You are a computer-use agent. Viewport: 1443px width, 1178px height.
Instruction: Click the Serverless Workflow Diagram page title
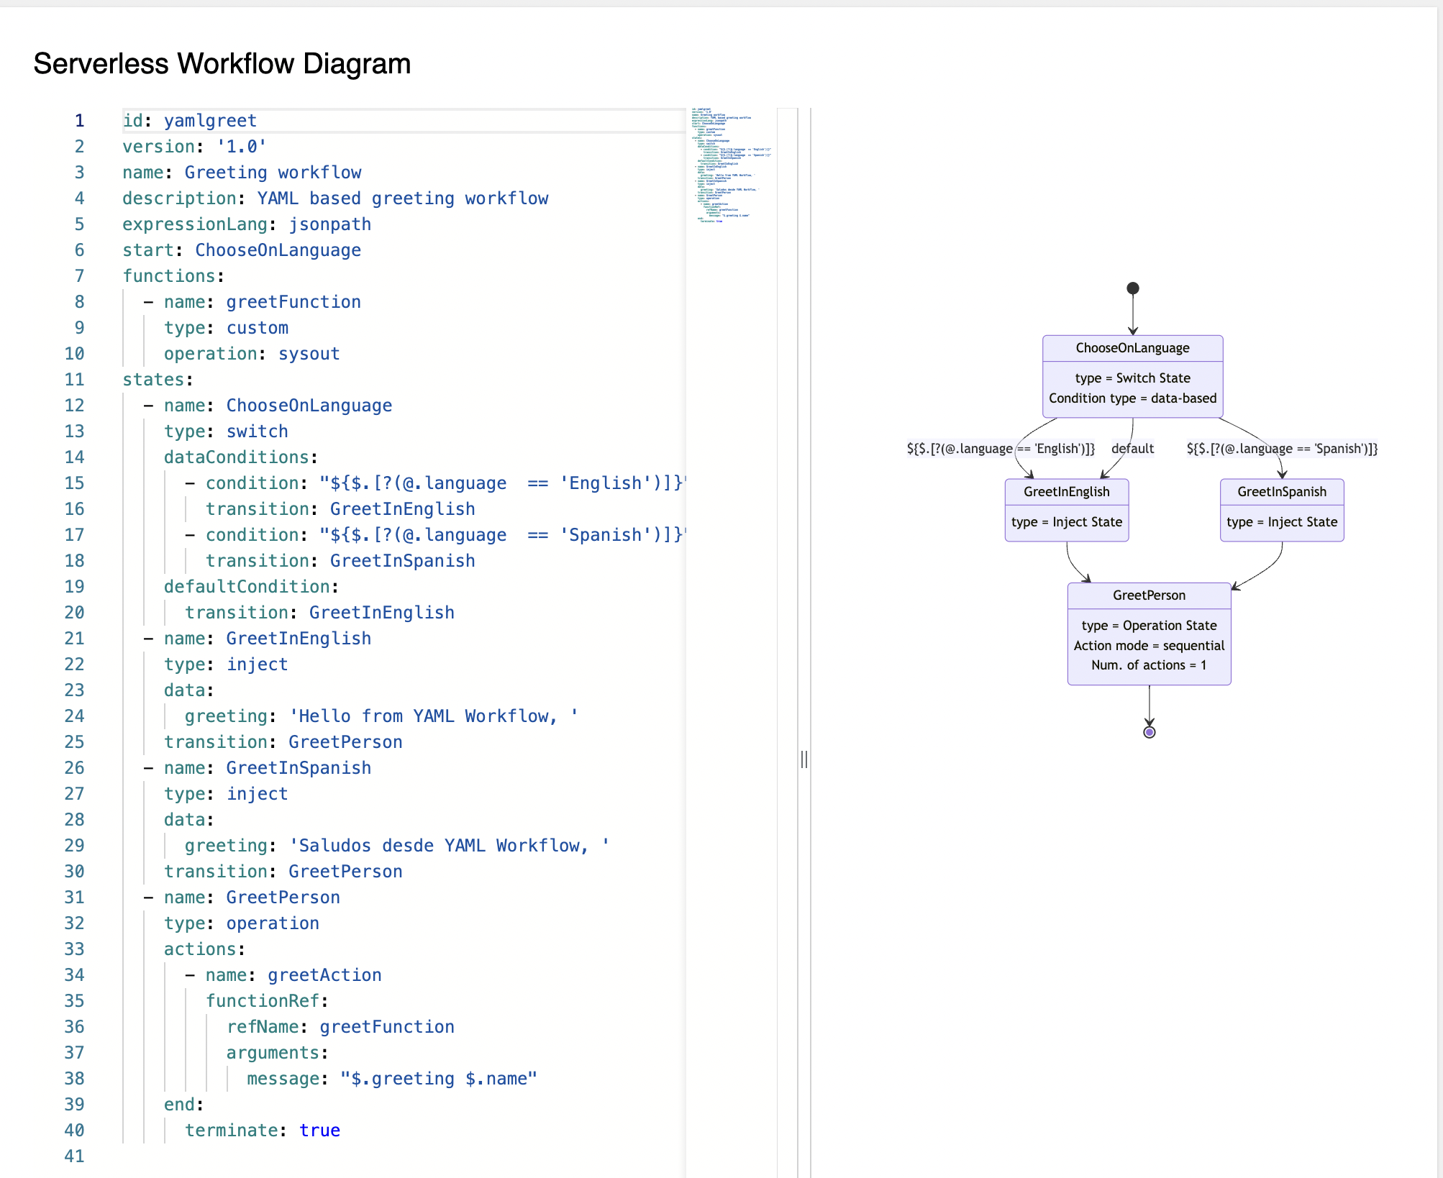[x=222, y=64]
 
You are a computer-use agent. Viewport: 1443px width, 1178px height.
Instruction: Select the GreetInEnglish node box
[x=1066, y=510]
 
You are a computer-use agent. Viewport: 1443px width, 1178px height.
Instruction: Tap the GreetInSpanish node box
[x=1281, y=510]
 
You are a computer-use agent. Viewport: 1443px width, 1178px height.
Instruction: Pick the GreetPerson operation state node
[x=1149, y=634]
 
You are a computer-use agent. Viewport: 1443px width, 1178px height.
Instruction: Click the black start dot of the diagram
[x=1132, y=288]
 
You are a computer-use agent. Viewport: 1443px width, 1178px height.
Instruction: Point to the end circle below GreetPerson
[x=1149, y=732]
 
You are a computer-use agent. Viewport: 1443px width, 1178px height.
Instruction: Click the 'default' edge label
[x=1132, y=449]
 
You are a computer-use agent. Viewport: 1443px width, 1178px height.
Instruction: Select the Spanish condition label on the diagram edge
[x=1281, y=449]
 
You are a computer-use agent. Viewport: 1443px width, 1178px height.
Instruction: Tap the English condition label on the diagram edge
[x=1000, y=449]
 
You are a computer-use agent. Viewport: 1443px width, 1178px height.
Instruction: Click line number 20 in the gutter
[x=75, y=613]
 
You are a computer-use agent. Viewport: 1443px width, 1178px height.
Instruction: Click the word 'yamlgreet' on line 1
[x=210, y=121]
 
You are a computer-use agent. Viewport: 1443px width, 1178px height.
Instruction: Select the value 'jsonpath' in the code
[x=330, y=224]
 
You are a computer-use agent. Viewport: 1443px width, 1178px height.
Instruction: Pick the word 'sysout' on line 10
[x=309, y=354]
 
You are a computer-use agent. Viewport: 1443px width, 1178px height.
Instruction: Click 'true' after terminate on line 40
[x=319, y=1131]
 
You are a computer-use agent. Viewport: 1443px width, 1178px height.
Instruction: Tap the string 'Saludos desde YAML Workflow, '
[x=450, y=846]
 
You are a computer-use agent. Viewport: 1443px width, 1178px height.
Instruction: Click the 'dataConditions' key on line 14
[x=236, y=457]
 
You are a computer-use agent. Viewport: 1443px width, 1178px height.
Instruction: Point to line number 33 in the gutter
[x=75, y=949]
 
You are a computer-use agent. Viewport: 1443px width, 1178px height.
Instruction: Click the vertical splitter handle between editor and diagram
[x=804, y=759]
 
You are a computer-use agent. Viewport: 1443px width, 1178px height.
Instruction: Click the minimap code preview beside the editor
[x=730, y=165]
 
